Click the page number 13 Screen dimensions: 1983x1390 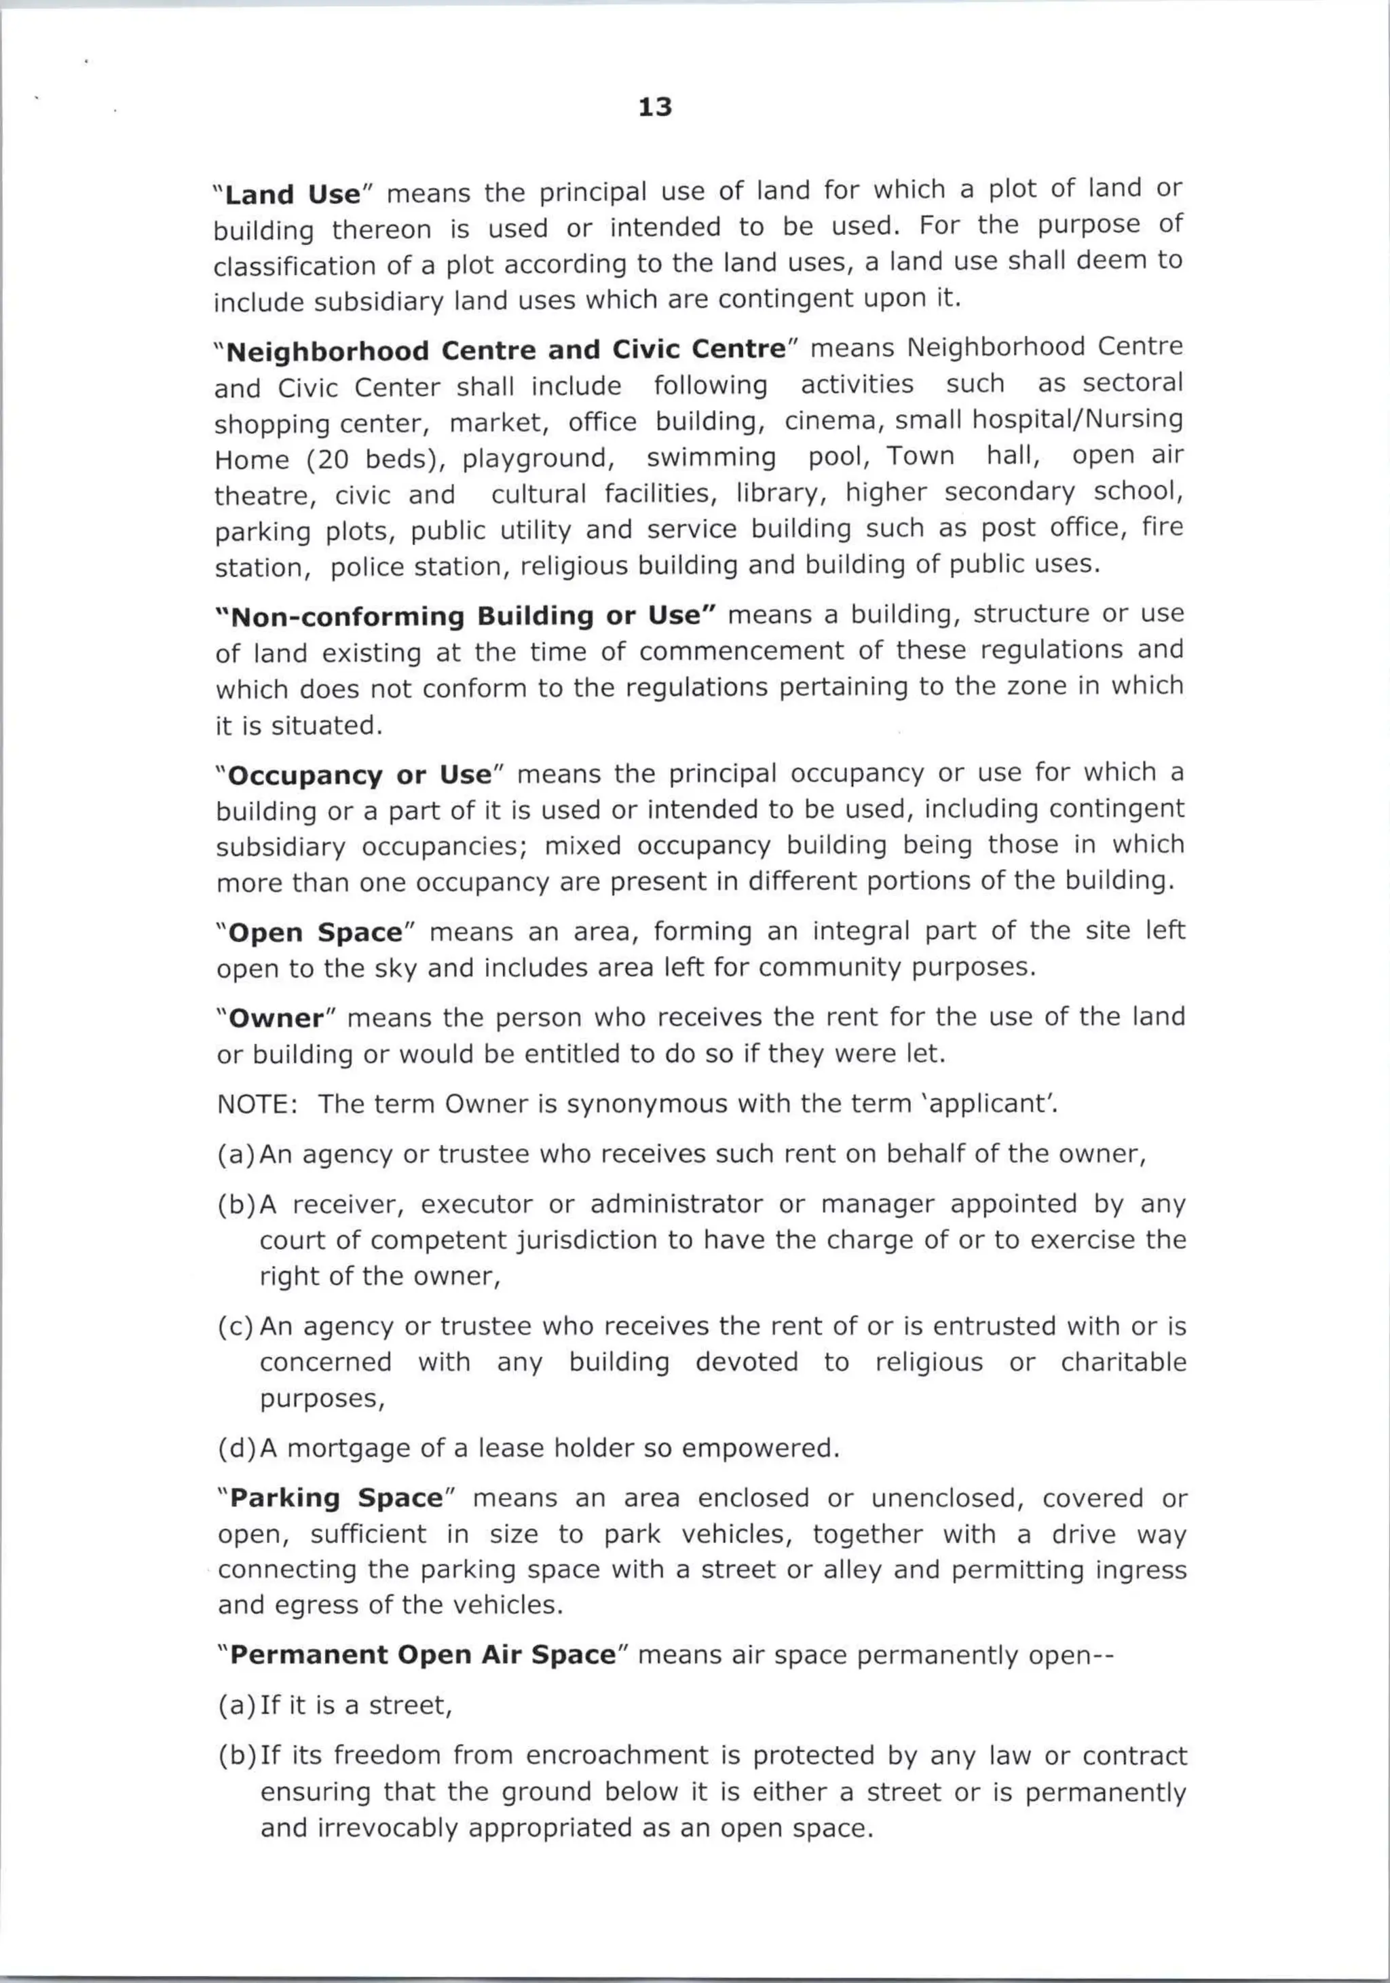654,107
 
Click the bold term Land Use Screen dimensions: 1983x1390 292,194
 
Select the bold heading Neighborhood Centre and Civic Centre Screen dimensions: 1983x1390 506,351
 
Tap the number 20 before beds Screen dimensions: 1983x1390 333,460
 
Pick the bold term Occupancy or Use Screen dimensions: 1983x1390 359,775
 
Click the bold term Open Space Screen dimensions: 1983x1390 316,933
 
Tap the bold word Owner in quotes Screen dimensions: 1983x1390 276,1018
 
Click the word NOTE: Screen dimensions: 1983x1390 257,1104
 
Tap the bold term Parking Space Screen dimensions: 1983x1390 336,1498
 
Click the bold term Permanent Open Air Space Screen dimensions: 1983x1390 423,1655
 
